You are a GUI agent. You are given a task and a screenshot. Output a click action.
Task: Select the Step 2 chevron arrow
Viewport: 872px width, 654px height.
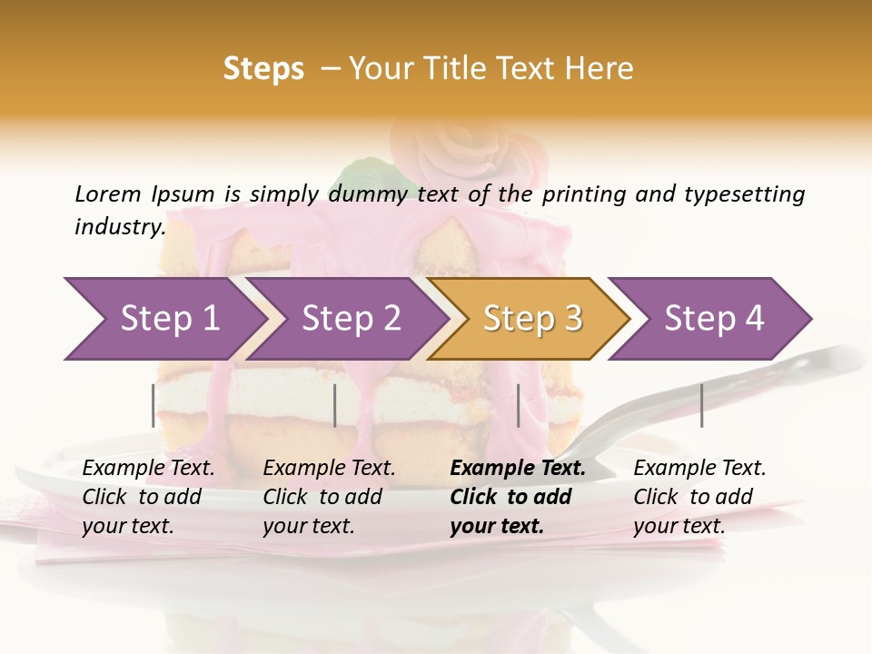click(x=351, y=319)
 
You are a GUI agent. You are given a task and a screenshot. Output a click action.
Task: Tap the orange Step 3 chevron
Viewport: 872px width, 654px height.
click(x=531, y=319)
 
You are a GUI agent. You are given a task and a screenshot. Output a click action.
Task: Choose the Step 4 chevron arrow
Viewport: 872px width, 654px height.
click(x=713, y=319)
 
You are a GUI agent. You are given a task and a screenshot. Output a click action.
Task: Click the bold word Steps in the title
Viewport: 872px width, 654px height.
click(x=263, y=68)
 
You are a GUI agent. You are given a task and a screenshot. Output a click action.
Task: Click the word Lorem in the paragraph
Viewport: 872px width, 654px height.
click(x=107, y=193)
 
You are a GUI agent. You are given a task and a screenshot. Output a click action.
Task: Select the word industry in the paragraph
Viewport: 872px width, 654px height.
click(x=119, y=226)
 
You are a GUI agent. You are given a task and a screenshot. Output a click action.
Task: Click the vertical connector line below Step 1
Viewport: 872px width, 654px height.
click(x=154, y=405)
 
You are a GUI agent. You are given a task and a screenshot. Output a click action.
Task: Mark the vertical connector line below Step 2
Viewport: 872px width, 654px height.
click(x=335, y=405)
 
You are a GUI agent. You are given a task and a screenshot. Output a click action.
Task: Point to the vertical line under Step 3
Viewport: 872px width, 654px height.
click(x=518, y=405)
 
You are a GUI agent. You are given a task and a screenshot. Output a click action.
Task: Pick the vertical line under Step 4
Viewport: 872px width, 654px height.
click(x=701, y=405)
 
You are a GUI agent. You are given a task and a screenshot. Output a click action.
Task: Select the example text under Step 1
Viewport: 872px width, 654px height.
click(x=148, y=497)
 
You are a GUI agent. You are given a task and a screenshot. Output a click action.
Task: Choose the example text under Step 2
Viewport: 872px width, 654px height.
click(x=329, y=497)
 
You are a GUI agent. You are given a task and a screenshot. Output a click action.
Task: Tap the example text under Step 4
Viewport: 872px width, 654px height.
click(x=699, y=497)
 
